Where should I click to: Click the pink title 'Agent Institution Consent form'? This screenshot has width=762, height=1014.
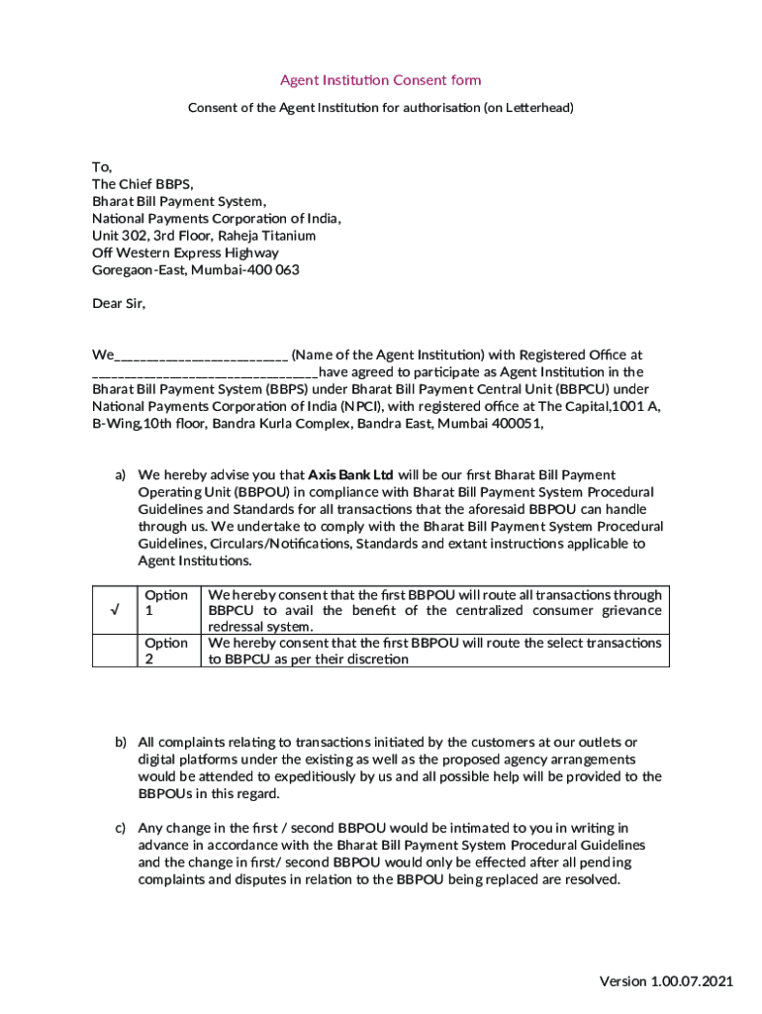[x=380, y=80]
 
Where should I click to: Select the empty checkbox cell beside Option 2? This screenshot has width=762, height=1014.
[x=114, y=651]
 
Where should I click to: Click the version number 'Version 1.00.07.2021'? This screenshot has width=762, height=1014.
[x=666, y=981]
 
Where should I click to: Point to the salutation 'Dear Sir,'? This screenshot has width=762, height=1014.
[x=119, y=304]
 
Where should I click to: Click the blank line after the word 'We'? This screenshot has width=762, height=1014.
[x=201, y=355]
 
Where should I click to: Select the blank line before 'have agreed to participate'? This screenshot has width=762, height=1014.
[x=205, y=373]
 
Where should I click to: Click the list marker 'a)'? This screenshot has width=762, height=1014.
[x=120, y=475]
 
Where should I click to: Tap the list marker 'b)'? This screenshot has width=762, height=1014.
[x=120, y=743]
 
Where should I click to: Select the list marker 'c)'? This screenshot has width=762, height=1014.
[x=120, y=828]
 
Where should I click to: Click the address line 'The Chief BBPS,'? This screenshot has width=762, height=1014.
[x=143, y=184]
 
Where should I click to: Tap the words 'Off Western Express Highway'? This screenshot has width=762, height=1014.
[x=185, y=253]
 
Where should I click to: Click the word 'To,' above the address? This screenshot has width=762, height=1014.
[x=103, y=167]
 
